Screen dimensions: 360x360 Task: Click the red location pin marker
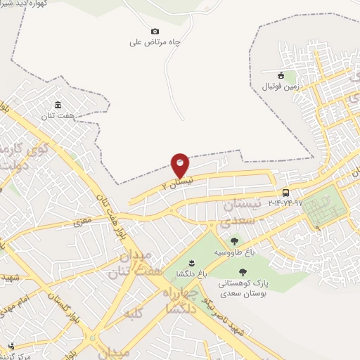coord(180,165)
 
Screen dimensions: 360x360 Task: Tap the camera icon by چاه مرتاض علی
coord(155,31)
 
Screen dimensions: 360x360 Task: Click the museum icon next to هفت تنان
coord(58,106)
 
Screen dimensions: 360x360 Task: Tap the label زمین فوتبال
coord(281,86)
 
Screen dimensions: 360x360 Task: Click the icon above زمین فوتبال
coord(281,75)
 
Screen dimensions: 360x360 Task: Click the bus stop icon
coord(285,193)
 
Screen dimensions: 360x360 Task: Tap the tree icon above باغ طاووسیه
coord(234,241)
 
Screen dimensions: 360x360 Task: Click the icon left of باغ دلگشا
coord(172,263)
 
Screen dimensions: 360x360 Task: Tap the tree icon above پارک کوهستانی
coord(243,272)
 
